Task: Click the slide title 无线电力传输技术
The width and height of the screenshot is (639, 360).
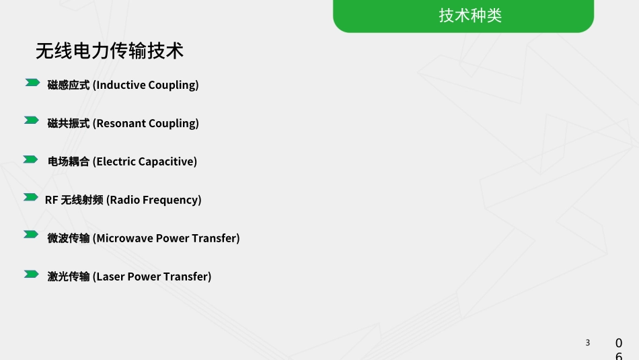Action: click(x=110, y=51)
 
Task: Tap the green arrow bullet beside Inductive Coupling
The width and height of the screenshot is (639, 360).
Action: click(x=32, y=83)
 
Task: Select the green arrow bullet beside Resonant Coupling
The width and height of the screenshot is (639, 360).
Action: click(x=32, y=120)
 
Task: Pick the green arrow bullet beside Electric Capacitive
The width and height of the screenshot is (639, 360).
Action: click(x=30, y=159)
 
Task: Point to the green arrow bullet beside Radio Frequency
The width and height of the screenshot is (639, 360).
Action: click(x=31, y=197)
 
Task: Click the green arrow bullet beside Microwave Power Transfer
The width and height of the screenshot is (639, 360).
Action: click(x=31, y=235)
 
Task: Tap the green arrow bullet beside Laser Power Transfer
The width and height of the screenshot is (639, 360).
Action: click(x=31, y=274)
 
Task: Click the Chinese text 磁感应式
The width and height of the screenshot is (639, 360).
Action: click(x=69, y=85)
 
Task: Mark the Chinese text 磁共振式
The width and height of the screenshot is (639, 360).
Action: click(x=69, y=124)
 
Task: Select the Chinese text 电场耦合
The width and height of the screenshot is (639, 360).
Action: click(x=69, y=162)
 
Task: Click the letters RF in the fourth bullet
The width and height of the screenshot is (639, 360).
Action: click(x=52, y=201)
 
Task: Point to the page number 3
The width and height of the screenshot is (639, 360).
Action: click(x=587, y=343)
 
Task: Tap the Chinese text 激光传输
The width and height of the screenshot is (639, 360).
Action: click(x=69, y=277)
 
